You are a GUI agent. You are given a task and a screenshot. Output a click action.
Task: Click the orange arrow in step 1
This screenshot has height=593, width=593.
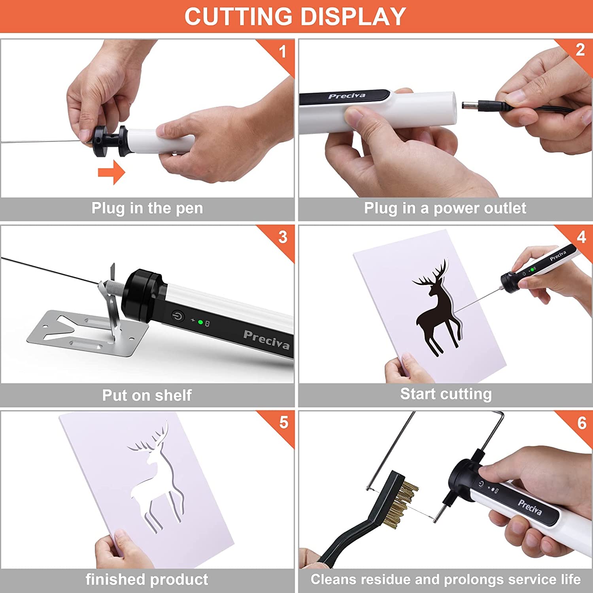(111, 172)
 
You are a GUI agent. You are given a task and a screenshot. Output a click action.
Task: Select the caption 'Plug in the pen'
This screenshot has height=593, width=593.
(147, 208)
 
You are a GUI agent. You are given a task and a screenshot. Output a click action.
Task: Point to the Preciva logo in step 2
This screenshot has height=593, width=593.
(347, 96)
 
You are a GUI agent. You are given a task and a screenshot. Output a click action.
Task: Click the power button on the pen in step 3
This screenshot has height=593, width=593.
(178, 316)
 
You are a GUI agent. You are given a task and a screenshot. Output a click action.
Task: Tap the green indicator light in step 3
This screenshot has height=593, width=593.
(200, 323)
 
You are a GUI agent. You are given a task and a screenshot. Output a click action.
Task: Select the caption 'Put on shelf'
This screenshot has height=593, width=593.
(147, 395)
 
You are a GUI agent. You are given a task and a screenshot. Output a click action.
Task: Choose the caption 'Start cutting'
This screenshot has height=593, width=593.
(446, 394)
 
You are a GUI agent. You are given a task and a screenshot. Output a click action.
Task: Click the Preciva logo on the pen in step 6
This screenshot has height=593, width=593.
(530, 507)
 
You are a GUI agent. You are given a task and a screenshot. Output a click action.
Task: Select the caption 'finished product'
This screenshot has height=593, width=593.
(147, 580)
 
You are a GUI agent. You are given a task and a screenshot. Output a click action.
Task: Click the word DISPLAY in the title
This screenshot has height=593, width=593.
(353, 17)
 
